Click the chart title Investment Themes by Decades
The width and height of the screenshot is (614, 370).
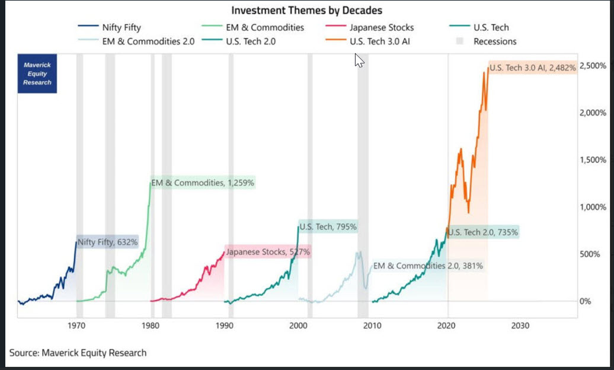pos(306,10)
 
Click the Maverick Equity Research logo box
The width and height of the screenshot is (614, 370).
pos(37,74)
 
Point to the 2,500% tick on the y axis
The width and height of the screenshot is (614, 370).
pos(593,65)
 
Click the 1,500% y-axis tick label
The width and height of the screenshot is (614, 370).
pos(593,160)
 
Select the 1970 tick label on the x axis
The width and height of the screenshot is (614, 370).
pos(76,326)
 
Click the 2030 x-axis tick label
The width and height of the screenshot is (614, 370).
pos(520,326)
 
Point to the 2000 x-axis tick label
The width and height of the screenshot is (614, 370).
pos(298,326)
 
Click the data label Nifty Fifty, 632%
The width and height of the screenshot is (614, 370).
pos(108,242)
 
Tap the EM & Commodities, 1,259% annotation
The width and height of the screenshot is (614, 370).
pos(203,183)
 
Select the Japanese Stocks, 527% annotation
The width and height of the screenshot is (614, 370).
pos(268,252)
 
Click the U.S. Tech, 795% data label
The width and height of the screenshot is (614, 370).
pos(328,227)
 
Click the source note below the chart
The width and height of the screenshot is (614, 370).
pos(78,353)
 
